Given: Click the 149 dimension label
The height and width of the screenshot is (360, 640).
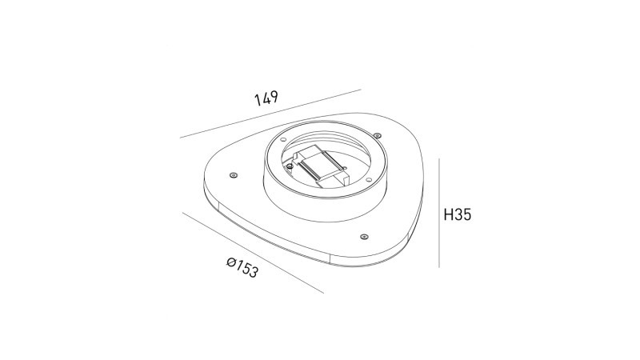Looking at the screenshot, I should click(x=266, y=99).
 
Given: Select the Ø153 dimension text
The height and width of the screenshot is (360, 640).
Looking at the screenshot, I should click(x=242, y=266).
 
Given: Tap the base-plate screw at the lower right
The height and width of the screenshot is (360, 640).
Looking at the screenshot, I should click(x=363, y=237).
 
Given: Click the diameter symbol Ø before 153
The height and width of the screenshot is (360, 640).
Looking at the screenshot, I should click(x=230, y=261).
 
